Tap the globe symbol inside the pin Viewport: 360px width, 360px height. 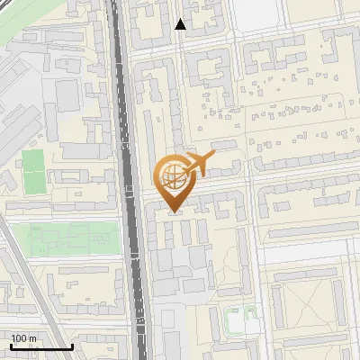(173, 177)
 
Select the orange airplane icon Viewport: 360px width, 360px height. (198, 165)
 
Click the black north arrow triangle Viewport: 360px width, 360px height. (181, 24)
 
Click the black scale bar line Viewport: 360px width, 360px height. (41, 346)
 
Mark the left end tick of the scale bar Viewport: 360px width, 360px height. (12, 345)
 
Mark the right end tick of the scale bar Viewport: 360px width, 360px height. (72, 345)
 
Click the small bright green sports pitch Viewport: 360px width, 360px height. (33, 171)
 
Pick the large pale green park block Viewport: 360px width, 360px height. (76, 238)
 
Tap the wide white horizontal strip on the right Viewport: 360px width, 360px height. (310, 255)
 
